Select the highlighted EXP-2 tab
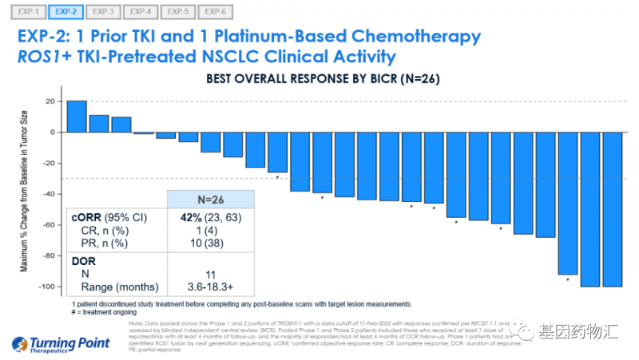point(65,12)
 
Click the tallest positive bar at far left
point(77,117)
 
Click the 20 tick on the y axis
point(50,101)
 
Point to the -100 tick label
point(46,287)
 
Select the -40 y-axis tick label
point(48,194)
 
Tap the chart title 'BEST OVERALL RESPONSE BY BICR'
point(323,79)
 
